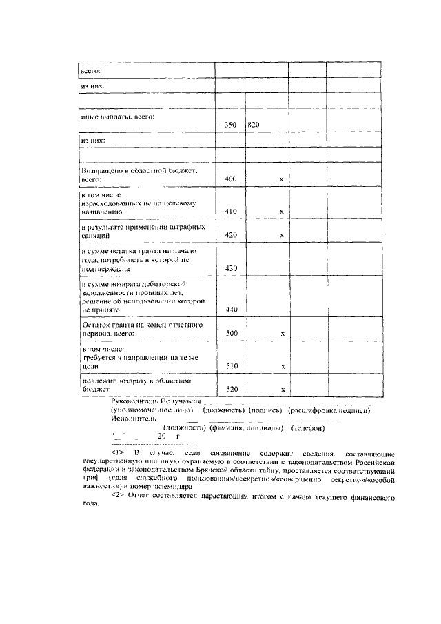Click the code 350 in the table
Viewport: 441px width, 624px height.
click(x=230, y=125)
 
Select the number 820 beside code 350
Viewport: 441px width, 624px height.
click(x=253, y=125)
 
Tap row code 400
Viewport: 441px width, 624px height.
click(x=230, y=179)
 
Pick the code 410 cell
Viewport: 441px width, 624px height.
click(x=230, y=211)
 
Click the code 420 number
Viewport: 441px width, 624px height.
click(x=230, y=235)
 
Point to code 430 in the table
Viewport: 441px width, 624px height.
click(x=230, y=268)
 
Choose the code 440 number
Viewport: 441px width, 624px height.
click(x=230, y=310)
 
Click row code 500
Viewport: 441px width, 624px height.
click(x=230, y=334)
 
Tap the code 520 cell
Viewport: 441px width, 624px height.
click(x=230, y=390)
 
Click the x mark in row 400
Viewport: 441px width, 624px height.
click(x=281, y=179)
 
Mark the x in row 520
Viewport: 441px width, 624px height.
click(x=281, y=390)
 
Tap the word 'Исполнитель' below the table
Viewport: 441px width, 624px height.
click(x=133, y=418)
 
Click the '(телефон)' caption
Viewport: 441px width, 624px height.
click(x=308, y=427)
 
